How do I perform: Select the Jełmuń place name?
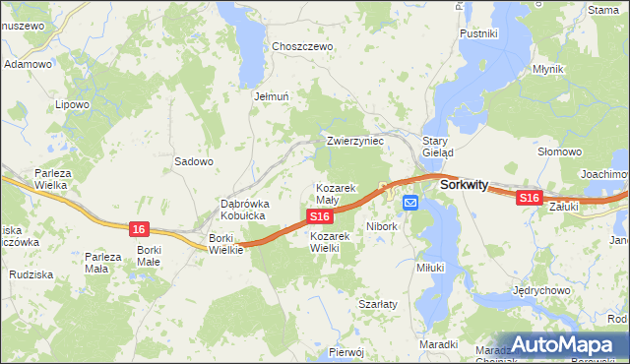(x=271, y=97)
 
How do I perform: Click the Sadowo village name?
(x=194, y=161)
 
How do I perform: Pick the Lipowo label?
(x=73, y=103)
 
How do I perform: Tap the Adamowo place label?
(x=28, y=64)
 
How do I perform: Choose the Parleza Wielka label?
(x=49, y=178)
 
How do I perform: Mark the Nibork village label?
(x=382, y=226)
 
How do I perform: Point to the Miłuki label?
(x=431, y=267)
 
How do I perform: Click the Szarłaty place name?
(x=377, y=304)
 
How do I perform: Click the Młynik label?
(x=547, y=69)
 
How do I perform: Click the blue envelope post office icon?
(x=409, y=203)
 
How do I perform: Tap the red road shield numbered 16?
(x=139, y=229)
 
